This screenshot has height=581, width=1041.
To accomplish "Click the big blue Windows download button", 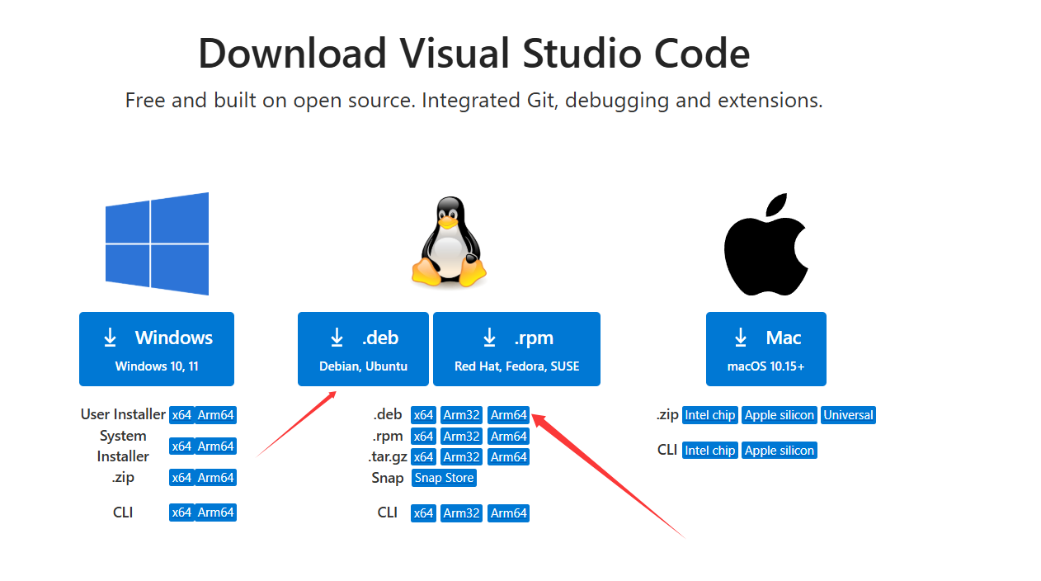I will [x=157, y=348].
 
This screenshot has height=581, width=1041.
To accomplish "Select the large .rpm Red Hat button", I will [x=516, y=348].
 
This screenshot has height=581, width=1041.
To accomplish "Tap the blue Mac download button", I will [x=765, y=348].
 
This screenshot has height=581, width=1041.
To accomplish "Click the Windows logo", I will [x=157, y=243].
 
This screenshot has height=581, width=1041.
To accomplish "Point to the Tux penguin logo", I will [x=449, y=242].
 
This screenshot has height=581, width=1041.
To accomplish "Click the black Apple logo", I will [x=765, y=245].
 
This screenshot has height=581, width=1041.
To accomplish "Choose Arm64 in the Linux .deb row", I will [x=508, y=415].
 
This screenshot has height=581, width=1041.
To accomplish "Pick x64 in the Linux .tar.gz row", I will [x=423, y=457].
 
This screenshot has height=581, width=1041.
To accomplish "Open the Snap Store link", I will [x=444, y=478].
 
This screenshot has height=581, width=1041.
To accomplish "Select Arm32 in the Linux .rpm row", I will [x=461, y=437].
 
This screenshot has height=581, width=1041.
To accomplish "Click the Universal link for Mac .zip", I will [x=848, y=415].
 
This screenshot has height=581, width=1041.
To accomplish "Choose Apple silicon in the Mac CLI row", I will [x=780, y=451].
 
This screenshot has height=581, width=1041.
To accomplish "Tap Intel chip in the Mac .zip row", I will [x=709, y=415].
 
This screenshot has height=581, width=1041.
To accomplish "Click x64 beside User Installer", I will [x=181, y=415].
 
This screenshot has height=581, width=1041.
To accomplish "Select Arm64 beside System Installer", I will [x=215, y=446].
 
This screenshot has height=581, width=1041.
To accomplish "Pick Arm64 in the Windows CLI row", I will [x=215, y=513].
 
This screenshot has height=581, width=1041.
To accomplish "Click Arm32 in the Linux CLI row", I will [x=461, y=513].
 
